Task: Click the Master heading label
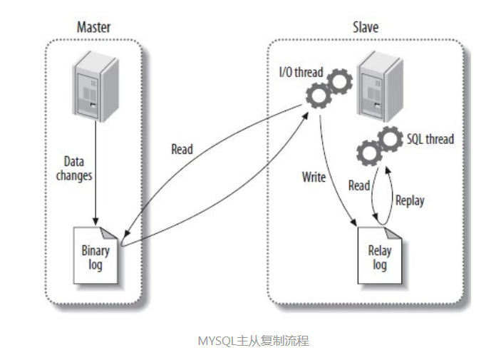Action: (93, 28)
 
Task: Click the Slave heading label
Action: (365, 28)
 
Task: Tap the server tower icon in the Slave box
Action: (378, 86)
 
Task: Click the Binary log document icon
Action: (95, 252)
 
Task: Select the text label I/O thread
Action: (300, 72)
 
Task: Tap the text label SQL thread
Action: (430, 138)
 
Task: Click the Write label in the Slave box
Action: (314, 177)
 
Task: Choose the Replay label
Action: (409, 200)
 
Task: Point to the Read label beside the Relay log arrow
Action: (358, 185)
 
